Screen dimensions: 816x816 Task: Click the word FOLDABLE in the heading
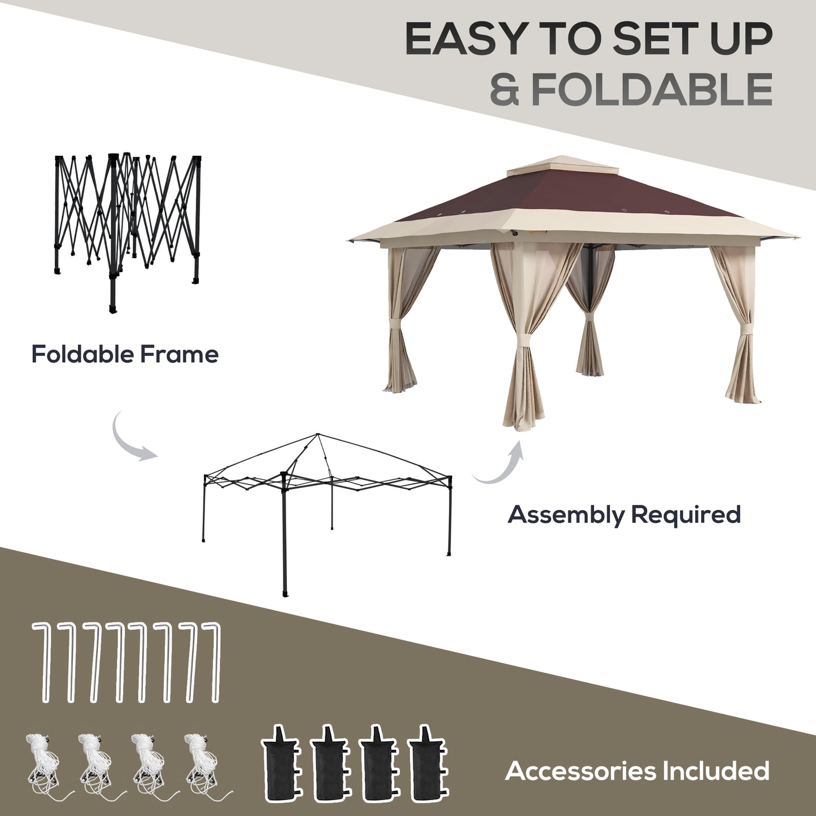[x=652, y=89]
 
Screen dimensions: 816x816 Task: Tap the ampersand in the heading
[x=504, y=89]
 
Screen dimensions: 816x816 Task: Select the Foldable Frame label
[x=125, y=355]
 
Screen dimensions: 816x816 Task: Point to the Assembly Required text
[x=624, y=514]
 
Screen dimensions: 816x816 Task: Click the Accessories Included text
[x=637, y=771]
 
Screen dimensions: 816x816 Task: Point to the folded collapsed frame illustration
[x=127, y=226]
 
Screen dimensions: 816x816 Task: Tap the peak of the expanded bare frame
[x=318, y=434]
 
